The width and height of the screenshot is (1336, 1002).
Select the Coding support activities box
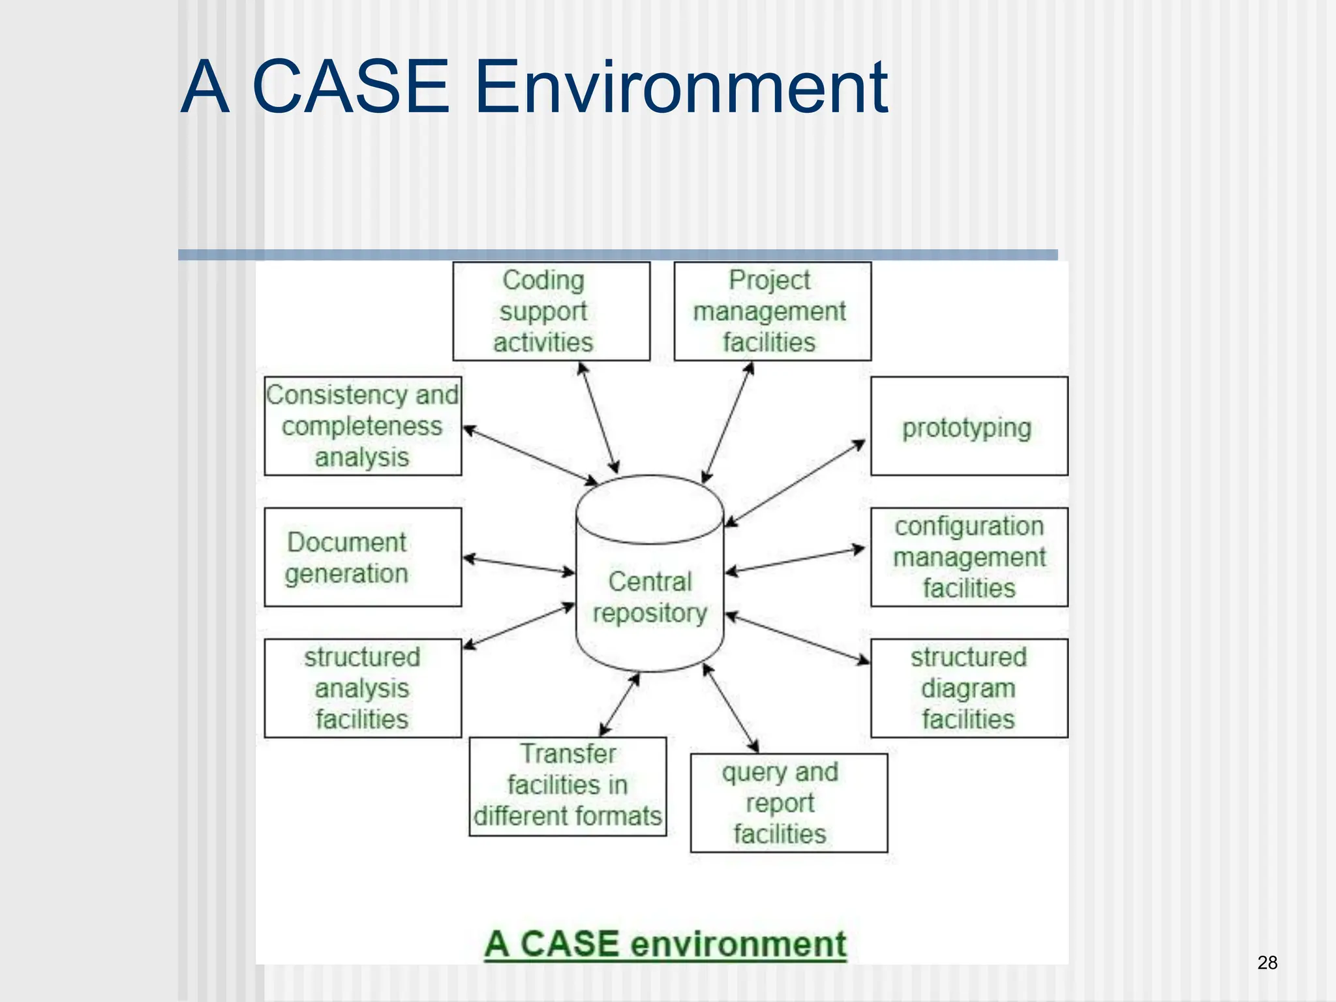pyautogui.click(x=551, y=311)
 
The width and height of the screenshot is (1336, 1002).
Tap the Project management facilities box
pyautogui.click(x=772, y=311)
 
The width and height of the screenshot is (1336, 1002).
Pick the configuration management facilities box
pyautogui.click(x=969, y=557)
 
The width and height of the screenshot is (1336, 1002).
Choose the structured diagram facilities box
pyautogui.click(x=969, y=688)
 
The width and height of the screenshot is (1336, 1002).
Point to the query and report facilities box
pyautogui.click(x=789, y=803)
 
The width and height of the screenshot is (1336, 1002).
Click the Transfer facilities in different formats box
pyautogui.click(x=568, y=786)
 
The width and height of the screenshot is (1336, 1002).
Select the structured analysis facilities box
pyautogui.click(x=363, y=688)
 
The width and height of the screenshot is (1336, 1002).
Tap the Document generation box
pyautogui.click(x=363, y=557)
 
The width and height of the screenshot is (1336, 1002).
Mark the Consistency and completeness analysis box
pyautogui.click(x=363, y=426)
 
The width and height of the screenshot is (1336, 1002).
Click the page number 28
pyautogui.click(x=1267, y=963)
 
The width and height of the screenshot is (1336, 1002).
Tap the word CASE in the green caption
pyautogui.click(x=570, y=944)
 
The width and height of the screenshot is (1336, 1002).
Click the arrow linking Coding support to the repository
pyautogui.click(x=598, y=417)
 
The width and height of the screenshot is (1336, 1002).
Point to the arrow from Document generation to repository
pyautogui.click(x=519, y=566)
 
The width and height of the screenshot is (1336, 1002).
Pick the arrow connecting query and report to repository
pyautogui.click(x=731, y=708)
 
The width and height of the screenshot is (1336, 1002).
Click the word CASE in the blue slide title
pyautogui.click(x=350, y=87)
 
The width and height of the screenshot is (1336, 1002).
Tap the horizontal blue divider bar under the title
pyautogui.click(x=617, y=255)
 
